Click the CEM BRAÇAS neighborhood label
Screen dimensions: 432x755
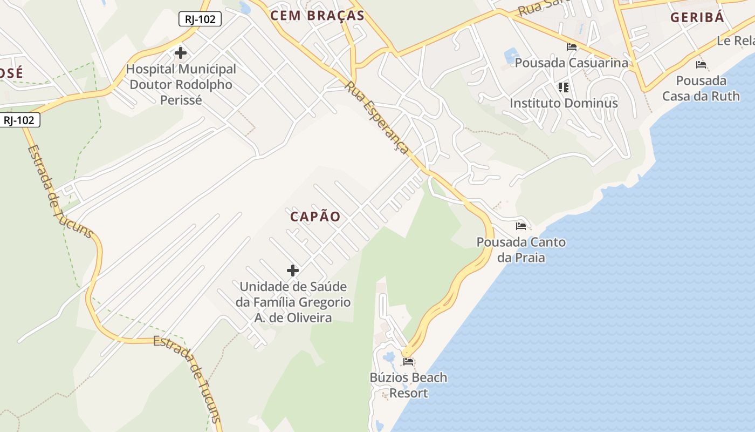[x=317, y=16]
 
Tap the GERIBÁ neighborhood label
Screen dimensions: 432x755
[x=697, y=17]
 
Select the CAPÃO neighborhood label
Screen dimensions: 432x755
[x=315, y=217]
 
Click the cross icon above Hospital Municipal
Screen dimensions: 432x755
[x=181, y=53]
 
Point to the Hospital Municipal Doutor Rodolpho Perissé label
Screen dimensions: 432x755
[x=181, y=85]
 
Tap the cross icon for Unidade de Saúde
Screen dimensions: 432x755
[x=293, y=270]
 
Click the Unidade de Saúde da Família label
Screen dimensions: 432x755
[x=293, y=302]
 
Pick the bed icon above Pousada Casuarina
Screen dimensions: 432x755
[x=572, y=47]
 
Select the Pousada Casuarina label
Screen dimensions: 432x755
[x=572, y=63]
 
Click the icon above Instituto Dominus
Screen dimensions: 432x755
[x=564, y=87]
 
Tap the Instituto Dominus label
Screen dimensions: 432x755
[x=564, y=103]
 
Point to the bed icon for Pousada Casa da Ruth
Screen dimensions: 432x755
[x=701, y=65]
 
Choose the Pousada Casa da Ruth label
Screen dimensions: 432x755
[x=701, y=89]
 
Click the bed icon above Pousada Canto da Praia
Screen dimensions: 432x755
[x=521, y=226]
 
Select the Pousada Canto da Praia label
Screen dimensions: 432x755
[x=521, y=249]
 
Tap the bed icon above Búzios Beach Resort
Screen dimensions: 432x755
[x=408, y=361]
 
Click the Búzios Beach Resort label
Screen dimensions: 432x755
[x=408, y=385]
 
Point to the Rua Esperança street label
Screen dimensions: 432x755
[x=377, y=118]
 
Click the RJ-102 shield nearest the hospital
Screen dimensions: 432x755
[x=200, y=19]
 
